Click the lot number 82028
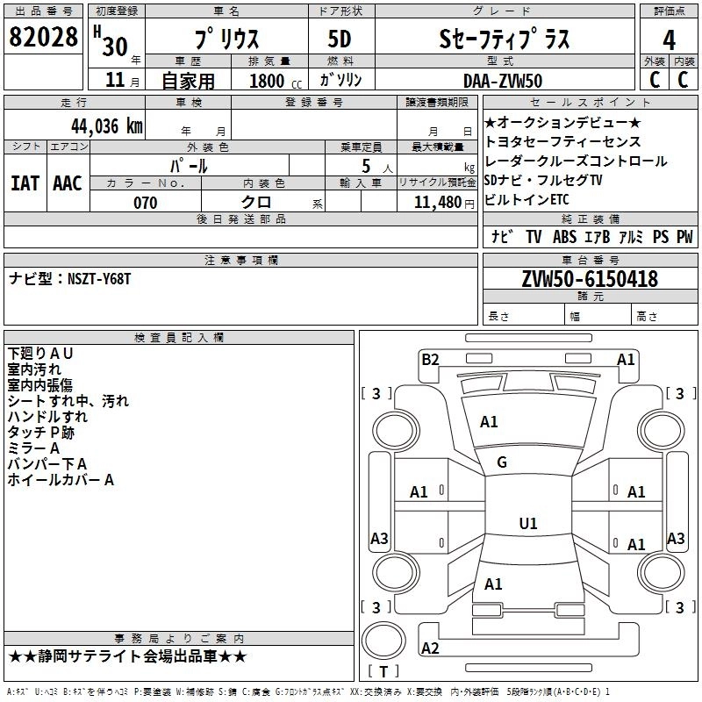43,37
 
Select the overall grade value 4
669,40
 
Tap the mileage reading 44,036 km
107,126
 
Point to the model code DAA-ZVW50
503,81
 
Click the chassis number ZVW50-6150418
590,279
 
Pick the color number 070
146,203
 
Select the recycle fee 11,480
438,203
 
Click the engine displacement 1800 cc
276,81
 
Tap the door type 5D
340,39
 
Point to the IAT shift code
25,183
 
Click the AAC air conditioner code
68,183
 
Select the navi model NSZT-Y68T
99,279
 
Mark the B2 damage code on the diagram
430,360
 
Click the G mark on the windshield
502,462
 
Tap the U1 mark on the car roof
528,523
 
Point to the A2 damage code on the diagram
430,648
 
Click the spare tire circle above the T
383,641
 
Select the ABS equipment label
564,237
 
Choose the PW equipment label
684,237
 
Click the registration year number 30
115,47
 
